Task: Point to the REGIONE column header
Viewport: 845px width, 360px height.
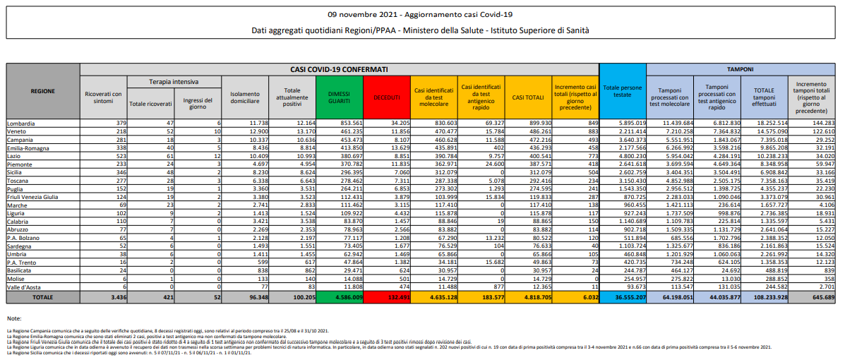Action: click(x=43, y=91)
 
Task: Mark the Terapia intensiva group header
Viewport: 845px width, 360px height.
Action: click(x=173, y=82)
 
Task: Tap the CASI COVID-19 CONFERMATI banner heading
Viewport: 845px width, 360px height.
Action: click(x=339, y=69)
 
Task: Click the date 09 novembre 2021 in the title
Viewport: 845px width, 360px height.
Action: click(x=361, y=14)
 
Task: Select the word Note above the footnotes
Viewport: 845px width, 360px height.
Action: click(x=13, y=319)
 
